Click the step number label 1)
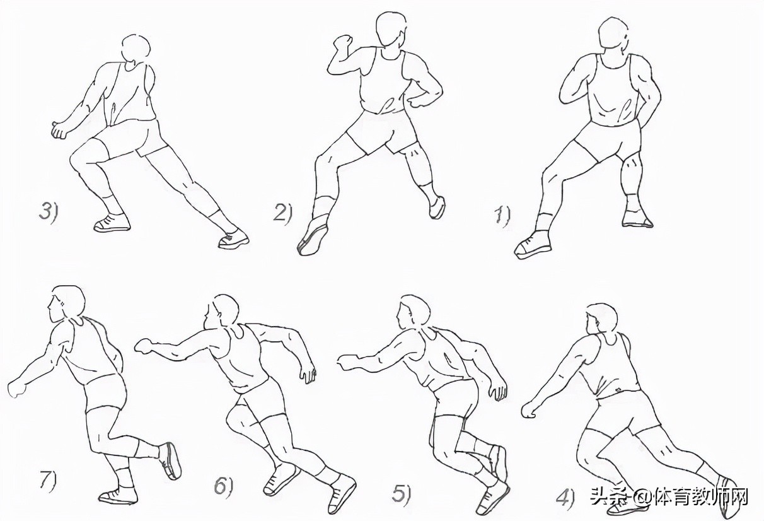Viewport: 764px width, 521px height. coord(502,216)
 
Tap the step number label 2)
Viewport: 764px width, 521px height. coord(283,213)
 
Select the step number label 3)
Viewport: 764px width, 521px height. coord(49,211)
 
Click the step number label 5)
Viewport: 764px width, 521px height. coord(402,494)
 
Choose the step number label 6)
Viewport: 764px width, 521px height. coord(224,486)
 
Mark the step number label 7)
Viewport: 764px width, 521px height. coord(48,481)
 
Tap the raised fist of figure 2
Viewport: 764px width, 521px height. coord(342,44)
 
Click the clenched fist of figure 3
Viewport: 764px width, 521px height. coord(60,130)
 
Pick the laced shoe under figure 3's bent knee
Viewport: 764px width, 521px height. coord(112,223)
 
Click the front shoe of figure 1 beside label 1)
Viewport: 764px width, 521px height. coord(533,245)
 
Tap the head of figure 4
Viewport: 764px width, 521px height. coord(601,319)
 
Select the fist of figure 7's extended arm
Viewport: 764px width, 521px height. coord(17,389)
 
